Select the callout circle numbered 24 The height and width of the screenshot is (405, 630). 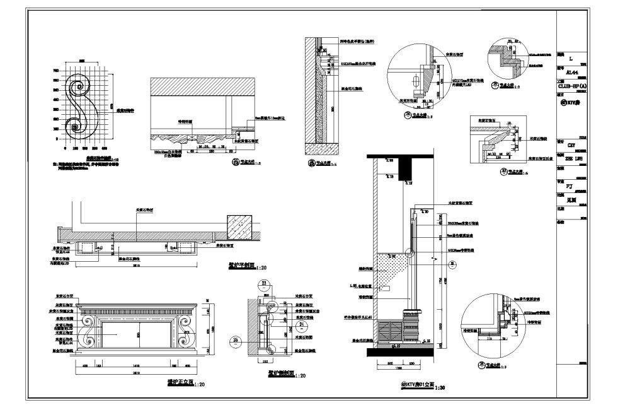pos(301,326)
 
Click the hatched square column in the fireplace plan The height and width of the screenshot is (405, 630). pos(239,225)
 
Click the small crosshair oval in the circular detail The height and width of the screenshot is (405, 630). pos(415,81)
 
